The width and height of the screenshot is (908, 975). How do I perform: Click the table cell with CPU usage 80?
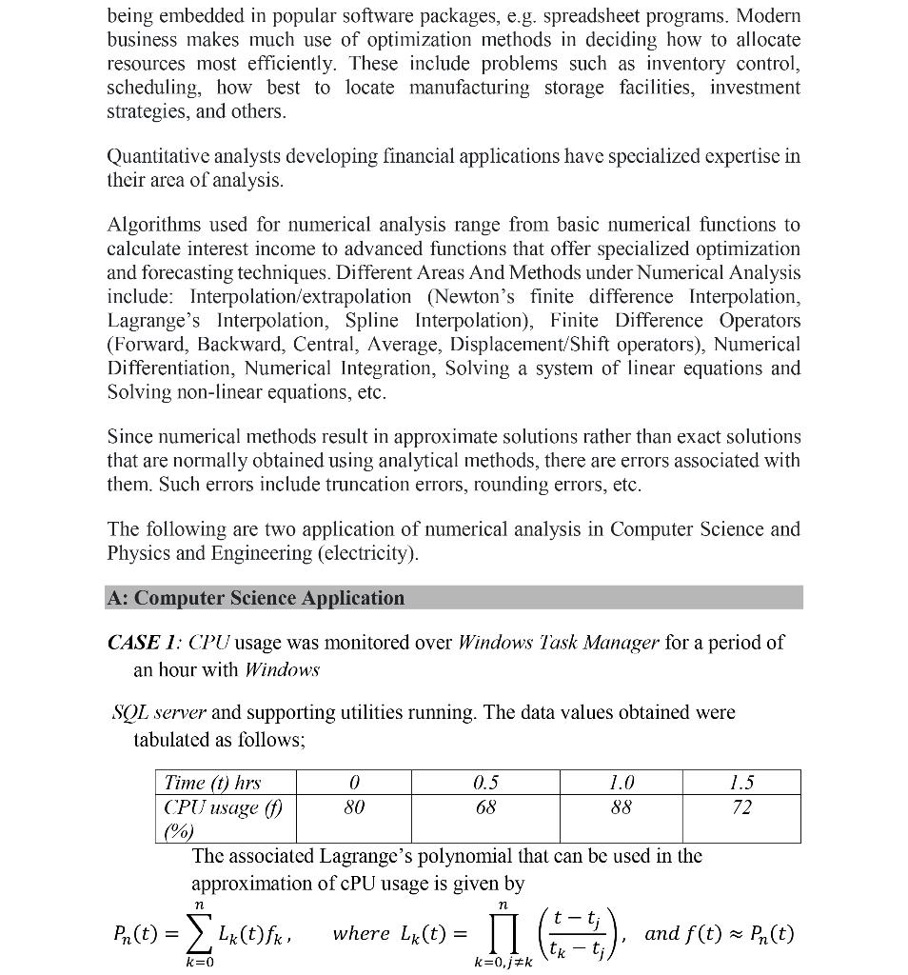(354, 807)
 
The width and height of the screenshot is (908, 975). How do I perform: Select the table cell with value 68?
(485, 807)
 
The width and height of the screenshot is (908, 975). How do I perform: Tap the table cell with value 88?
(621, 807)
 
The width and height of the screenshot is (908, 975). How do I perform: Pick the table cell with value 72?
(742, 807)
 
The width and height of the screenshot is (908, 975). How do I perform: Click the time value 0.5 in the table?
(485, 783)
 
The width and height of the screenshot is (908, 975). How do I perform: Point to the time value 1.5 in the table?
(742, 783)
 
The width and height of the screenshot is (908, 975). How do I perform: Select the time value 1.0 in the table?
(621, 783)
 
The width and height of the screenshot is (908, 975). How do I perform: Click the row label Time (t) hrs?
(212, 783)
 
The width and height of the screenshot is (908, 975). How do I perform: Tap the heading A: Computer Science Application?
(257, 598)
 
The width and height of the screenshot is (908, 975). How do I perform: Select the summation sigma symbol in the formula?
(200, 933)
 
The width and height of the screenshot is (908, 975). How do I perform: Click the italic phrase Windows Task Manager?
(558, 643)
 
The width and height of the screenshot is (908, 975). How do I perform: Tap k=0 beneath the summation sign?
(200, 963)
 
